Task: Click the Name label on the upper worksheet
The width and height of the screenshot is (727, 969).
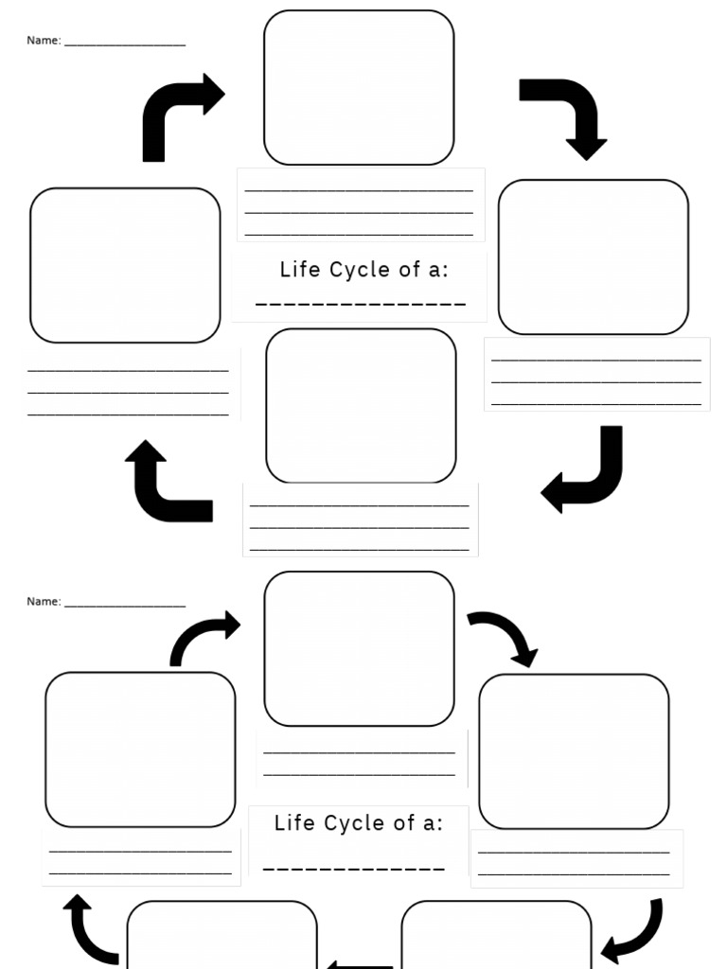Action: [44, 41]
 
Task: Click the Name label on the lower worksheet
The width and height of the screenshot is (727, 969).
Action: [44, 602]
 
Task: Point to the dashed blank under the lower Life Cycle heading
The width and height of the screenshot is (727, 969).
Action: [354, 868]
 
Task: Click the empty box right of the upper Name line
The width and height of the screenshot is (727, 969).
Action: [359, 87]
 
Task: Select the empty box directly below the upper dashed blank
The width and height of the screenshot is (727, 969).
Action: [361, 405]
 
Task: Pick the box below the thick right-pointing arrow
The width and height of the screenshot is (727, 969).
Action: [125, 265]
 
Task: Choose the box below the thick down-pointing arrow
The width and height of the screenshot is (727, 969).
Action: [594, 256]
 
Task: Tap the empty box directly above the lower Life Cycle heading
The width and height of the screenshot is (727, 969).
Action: [359, 648]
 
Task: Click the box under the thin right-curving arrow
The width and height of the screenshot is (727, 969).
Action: [140, 749]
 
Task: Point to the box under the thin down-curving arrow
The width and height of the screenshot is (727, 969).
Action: [574, 751]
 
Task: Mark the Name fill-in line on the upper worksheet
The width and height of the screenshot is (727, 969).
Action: [124, 44]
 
